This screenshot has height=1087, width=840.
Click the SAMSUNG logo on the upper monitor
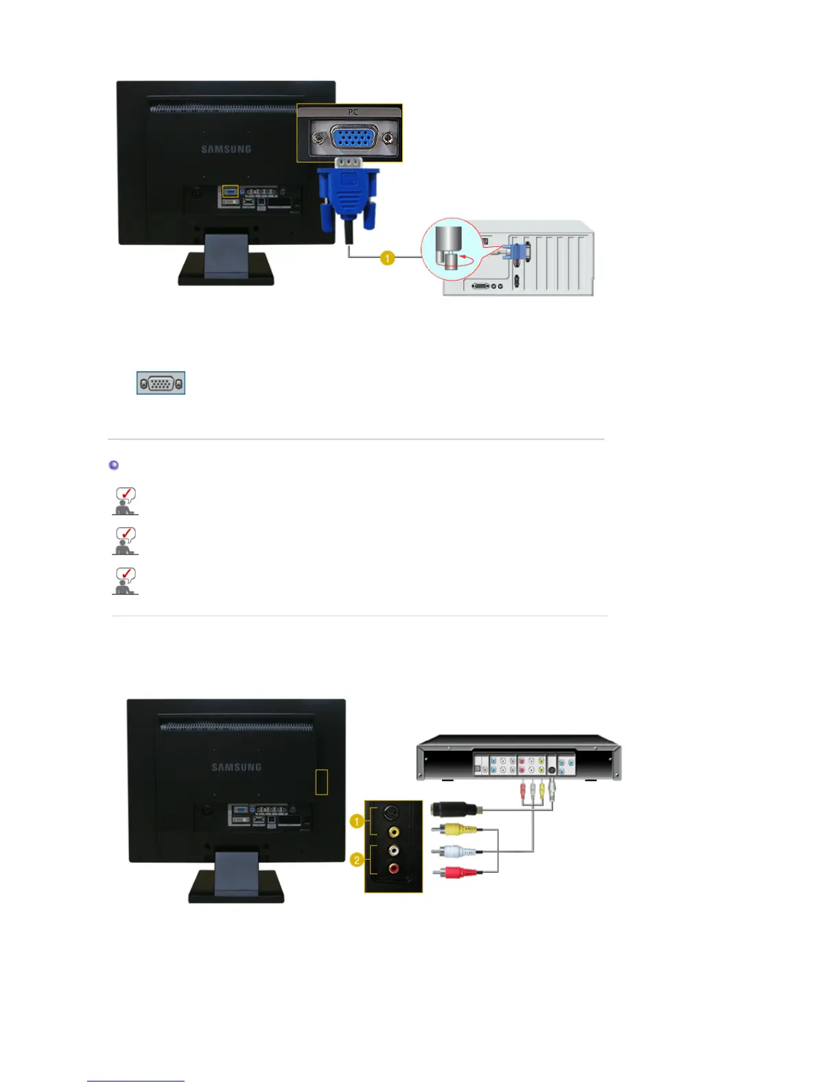point(226,149)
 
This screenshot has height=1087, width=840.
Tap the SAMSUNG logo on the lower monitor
point(236,767)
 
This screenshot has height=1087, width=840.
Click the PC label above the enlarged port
point(353,112)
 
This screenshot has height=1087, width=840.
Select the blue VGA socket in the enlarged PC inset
point(352,138)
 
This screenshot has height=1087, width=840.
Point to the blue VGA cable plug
point(348,196)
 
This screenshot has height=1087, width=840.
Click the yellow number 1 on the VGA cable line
point(388,258)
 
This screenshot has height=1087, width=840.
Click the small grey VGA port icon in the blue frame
point(161,383)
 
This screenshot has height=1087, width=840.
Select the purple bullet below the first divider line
point(114,465)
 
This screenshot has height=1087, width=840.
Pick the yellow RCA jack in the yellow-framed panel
point(393,832)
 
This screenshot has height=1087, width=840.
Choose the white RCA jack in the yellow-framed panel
point(393,850)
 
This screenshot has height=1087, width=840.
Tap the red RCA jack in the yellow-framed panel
point(393,868)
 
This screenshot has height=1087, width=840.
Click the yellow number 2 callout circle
point(356,860)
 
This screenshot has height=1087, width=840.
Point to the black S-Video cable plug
point(453,809)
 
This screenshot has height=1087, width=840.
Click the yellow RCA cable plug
point(454,829)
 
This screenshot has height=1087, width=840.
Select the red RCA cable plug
point(454,872)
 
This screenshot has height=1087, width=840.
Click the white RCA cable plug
point(454,852)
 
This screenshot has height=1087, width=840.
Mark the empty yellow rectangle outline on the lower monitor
point(321,782)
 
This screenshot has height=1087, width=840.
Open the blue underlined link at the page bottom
point(136,1080)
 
